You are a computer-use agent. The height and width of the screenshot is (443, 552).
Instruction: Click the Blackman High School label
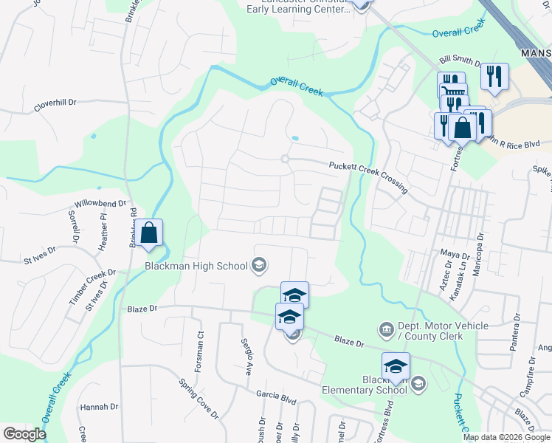(x=196, y=266)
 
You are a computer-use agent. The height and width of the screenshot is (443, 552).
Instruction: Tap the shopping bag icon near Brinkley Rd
(x=148, y=233)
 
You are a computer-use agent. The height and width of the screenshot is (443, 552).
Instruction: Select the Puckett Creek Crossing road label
(x=368, y=177)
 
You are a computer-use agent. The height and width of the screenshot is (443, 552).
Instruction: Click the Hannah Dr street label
(x=99, y=407)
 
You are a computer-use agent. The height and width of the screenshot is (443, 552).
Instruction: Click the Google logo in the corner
(x=24, y=434)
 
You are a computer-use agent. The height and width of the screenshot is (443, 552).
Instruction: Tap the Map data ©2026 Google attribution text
(x=506, y=437)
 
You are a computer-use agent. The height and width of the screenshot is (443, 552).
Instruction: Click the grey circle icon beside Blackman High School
(x=258, y=264)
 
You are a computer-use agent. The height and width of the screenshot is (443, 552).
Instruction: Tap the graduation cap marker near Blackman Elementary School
(x=396, y=367)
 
